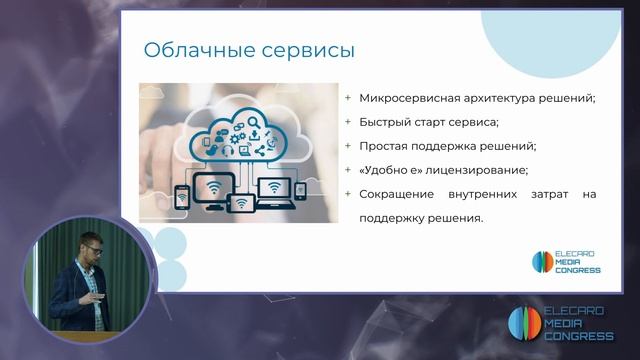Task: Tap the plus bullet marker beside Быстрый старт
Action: pos(347,122)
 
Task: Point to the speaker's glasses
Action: pos(88,245)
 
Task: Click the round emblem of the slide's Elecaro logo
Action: pos(541,262)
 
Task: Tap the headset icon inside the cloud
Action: pos(229,151)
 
